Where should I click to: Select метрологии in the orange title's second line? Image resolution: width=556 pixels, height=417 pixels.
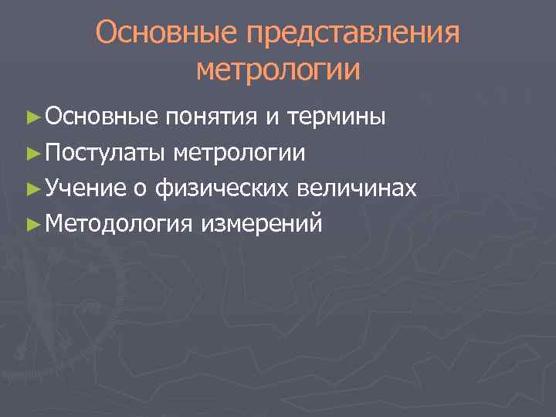click(x=278, y=70)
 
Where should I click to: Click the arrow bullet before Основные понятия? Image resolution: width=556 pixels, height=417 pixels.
click(x=32, y=118)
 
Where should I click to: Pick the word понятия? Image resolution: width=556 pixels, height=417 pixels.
click(x=211, y=118)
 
